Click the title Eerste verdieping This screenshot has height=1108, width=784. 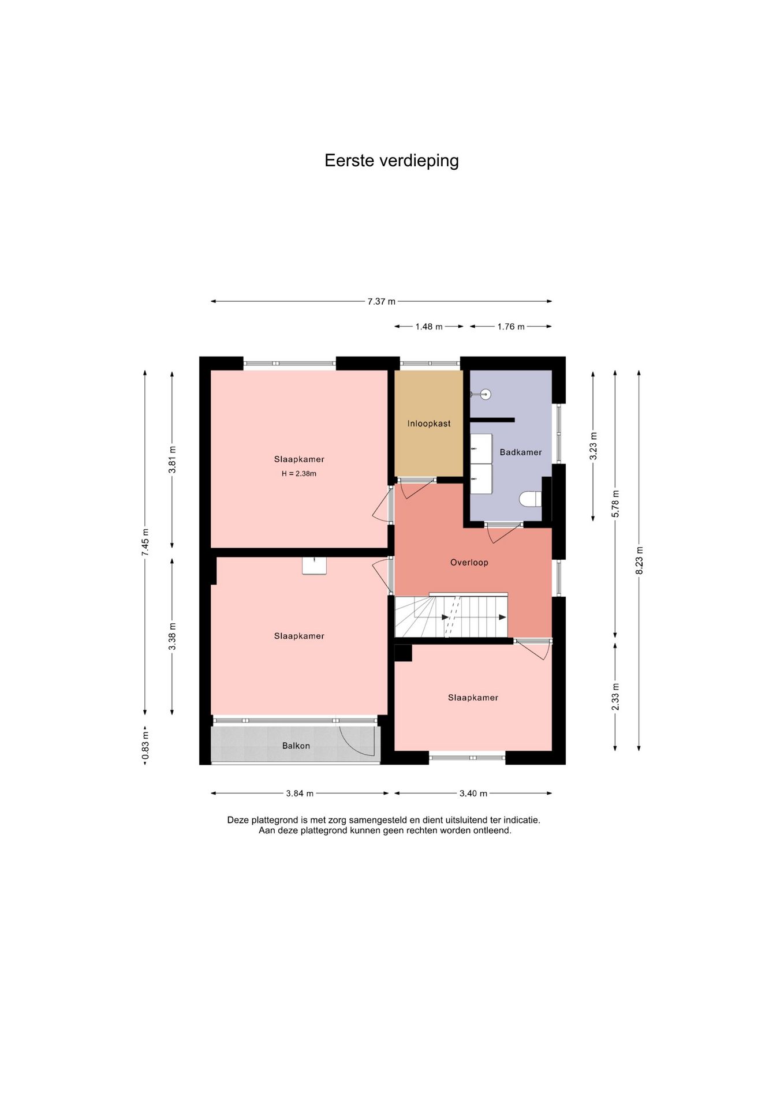[x=391, y=160]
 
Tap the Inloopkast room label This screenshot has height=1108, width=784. [x=429, y=424]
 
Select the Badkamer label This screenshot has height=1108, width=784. [x=521, y=452]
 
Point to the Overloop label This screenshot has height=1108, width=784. [x=469, y=563]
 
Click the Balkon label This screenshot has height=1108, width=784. [x=296, y=746]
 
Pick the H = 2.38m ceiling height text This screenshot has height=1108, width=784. [x=299, y=474]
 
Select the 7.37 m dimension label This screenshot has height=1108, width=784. [x=382, y=301]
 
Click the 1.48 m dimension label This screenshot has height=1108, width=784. [x=429, y=327]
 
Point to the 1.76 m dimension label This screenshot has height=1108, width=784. [x=511, y=327]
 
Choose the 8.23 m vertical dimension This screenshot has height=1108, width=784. [x=639, y=560]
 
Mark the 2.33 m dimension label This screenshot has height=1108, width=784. [x=615, y=697]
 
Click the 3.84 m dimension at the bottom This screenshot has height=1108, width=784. [x=300, y=793]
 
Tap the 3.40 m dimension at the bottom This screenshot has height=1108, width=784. [x=473, y=793]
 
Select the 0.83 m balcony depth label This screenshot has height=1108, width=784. [x=145, y=746]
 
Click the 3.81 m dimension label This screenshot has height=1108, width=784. [x=172, y=460]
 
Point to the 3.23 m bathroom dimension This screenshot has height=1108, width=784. [x=593, y=446]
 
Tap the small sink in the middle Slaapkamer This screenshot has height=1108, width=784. [x=314, y=566]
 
